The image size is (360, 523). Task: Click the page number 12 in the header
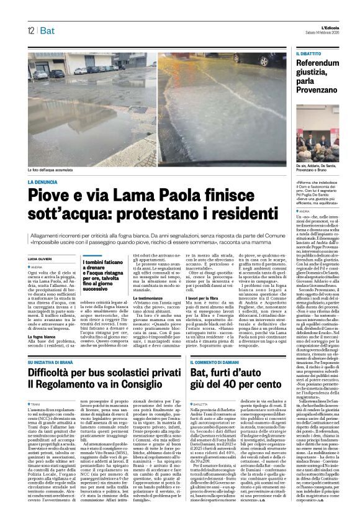pyautogui.click(x=30, y=30)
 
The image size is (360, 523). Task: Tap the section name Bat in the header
pyautogui.click(x=46, y=30)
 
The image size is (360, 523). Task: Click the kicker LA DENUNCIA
pyautogui.click(x=45, y=182)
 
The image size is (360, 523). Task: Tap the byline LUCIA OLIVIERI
pyautogui.click(x=40, y=257)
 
